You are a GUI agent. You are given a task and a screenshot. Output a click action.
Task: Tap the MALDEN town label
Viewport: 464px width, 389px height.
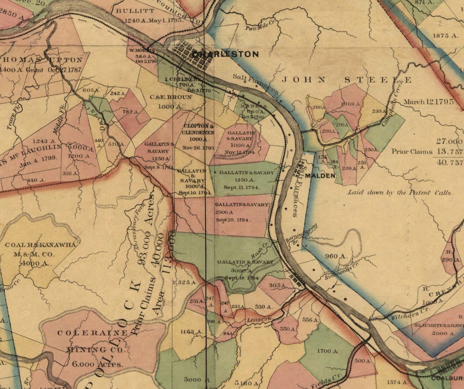[320, 176]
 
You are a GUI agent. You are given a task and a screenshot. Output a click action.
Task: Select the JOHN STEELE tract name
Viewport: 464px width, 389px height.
[346, 80]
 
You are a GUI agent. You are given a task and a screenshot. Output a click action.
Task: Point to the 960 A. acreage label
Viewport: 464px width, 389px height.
[336, 256]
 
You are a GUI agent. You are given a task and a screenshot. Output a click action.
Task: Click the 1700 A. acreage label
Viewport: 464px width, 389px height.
[328, 351]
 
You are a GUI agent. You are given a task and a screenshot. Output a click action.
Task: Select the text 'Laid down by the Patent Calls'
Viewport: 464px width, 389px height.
[399, 193]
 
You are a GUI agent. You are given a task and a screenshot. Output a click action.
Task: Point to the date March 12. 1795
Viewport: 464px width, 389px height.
[429, 102]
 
